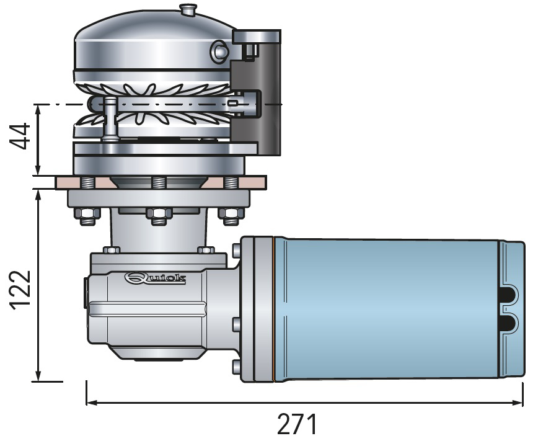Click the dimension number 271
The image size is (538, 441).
pos(296,424)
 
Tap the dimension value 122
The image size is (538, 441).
pos(21,290)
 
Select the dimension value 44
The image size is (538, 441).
pos(20,136)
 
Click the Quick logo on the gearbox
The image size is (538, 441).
pos(156,278)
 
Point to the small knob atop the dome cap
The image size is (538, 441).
pos(188,9)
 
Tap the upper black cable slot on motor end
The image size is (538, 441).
pos(509,295)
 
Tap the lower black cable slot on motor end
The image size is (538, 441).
pos(509,324)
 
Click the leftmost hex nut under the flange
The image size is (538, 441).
pos(87,216)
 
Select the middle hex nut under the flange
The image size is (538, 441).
pos(159,216)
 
